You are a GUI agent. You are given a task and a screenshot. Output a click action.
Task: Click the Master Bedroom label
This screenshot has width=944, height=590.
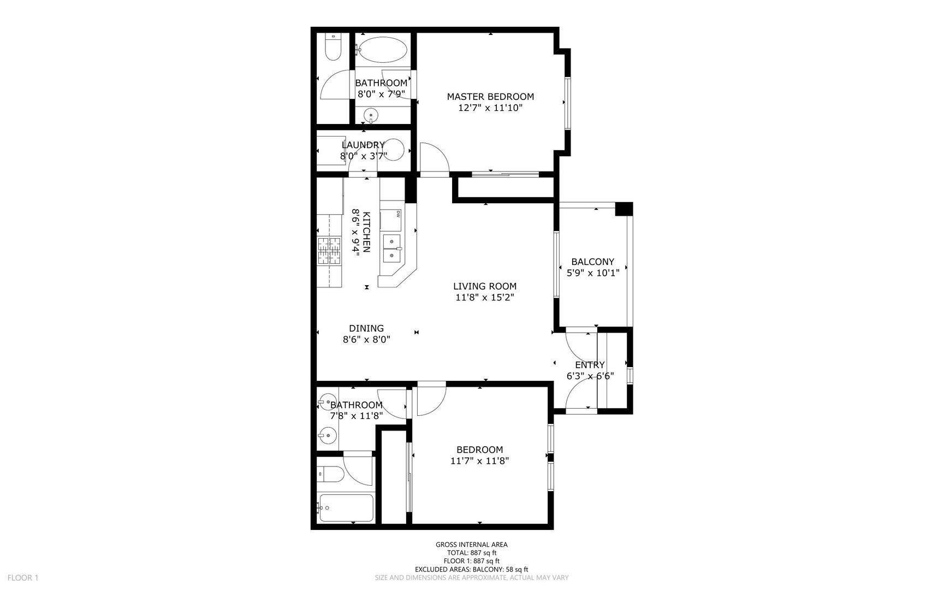click(490, 97)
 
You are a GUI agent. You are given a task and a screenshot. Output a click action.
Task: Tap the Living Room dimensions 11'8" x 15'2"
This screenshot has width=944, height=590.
click(485, 298)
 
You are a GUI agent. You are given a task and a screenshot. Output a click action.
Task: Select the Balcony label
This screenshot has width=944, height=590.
click(592, 262)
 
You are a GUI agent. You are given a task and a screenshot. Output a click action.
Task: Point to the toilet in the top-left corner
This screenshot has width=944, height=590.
click(333, 48)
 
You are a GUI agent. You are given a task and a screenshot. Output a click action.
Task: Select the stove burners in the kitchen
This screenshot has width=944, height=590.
click(329, 252)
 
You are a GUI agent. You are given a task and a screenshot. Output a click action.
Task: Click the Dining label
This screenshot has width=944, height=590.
click(366, 328)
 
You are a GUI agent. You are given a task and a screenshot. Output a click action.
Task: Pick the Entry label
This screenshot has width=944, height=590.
click(590, 365)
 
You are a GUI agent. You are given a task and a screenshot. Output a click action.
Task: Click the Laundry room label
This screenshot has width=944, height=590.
click(363, 145)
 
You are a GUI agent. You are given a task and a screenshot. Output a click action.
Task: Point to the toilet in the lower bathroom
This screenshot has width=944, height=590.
click(330, 474)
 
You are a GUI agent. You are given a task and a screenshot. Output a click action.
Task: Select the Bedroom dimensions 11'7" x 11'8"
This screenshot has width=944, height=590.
click(479, 461)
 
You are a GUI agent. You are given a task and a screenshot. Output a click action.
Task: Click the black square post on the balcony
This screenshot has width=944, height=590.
click(624, 209)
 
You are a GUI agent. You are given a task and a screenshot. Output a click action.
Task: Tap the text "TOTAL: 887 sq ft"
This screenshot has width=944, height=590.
click(471, 552)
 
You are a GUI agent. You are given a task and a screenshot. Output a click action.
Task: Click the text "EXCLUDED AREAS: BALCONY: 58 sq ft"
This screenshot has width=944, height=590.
click(471, 569)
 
